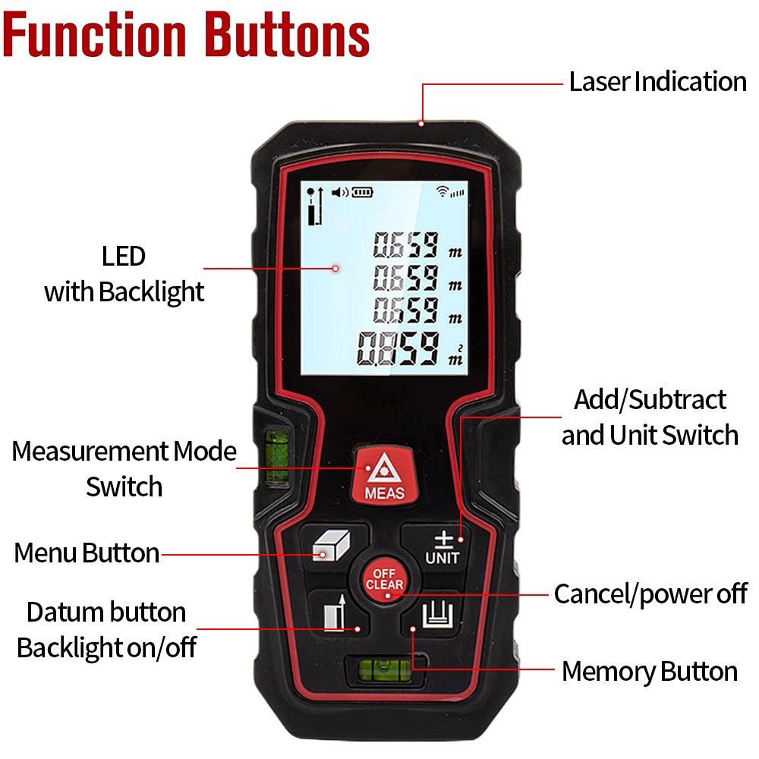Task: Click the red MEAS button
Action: pyautogui.click(x=384, y=476)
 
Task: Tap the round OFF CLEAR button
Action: pyautogui.click(x=384, y=579)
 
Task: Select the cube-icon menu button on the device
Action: pyautogui.click(x=332, y=546)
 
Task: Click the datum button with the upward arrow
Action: pyautogui.click(x=334, y=613)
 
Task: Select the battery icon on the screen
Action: pyautogui.click(x=362, y=192)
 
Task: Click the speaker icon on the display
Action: pyautogui.click(x=339, y=192)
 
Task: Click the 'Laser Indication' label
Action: pyautogui.click(x=657, y=82)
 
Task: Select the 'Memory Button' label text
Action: pyautogui.click(x=650, y=672)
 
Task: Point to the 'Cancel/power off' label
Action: pyautogui.click(x=650, y=594)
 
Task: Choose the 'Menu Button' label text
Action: pyautogui.click(x=87, y=553)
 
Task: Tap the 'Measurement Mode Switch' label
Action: pyautogui.click(x=124, y=468)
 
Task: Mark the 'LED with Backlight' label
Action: pyautogui.click(x=124, y=274)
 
